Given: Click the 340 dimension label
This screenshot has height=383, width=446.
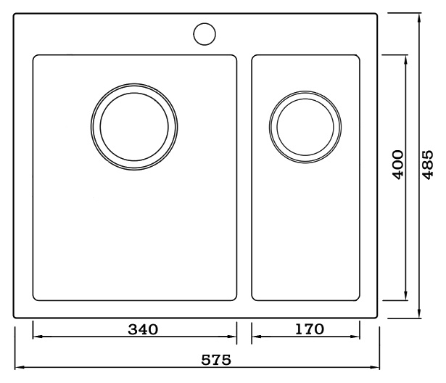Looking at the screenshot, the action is coord(143,329).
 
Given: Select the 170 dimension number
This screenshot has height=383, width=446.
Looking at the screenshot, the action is coord(310,329).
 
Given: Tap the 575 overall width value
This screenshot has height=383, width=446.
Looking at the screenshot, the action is coord(216,360).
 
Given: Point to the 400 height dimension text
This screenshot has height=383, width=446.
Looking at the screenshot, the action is coord(398,165).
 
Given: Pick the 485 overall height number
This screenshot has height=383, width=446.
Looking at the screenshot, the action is coord(427,165).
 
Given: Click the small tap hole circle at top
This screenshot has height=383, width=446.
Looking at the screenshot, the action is coord(205,34).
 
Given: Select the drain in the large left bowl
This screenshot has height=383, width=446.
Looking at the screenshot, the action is coord(134,127).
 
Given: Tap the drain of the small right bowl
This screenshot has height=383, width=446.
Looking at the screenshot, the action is coord(305,127).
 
